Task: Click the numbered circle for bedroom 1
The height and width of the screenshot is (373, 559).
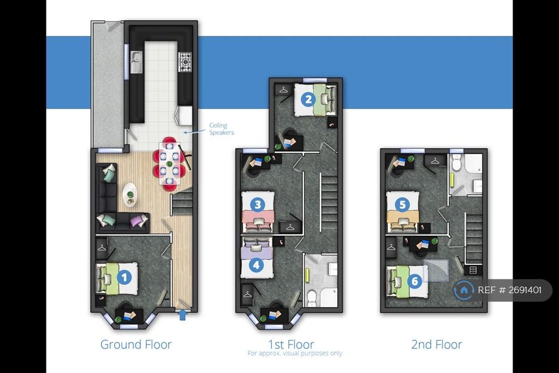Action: click(124, 277)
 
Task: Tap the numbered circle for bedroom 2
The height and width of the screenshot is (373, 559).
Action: click(308, 100)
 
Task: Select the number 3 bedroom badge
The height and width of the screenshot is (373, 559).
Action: click(258, 205)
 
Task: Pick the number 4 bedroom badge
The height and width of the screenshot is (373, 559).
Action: click(257, 265)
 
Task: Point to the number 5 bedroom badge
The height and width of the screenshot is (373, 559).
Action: click(402, 205)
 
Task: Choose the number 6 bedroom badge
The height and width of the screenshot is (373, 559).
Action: click(415, 281)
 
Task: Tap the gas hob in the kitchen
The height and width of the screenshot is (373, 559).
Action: click(185, 62)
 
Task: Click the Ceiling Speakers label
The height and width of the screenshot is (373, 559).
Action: click(222, 129)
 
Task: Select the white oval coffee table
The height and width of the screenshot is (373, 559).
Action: click(130, 195)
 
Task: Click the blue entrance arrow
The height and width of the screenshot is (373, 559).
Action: click(182, 315)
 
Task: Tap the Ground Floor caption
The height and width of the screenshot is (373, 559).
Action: click(136, 345)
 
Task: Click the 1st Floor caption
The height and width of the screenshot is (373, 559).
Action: click(292, 344)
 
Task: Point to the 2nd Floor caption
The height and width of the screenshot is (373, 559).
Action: click(437, 345)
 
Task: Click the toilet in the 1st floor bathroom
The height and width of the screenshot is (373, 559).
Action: click(312, 298)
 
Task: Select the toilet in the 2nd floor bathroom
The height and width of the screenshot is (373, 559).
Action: click(457, 162)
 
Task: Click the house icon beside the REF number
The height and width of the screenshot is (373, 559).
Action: click(463, 290)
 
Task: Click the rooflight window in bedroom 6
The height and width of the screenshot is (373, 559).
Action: click(436, 271)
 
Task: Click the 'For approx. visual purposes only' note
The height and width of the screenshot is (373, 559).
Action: click(295, 353)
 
